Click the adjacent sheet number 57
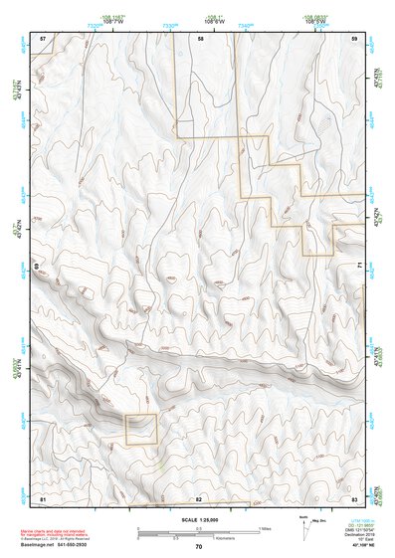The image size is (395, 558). (42, 38)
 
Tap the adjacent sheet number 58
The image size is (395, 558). (200, 38)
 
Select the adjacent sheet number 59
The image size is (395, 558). (354, 38)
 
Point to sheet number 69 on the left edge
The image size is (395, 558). (35, 267)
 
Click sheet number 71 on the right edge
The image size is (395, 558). (359, 267)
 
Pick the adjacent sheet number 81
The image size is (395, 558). (42, 495)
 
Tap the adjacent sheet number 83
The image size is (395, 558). (354, 495)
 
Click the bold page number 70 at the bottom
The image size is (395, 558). (199, 546)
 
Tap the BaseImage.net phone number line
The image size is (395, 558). (62, 543)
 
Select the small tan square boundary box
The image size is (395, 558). (141, 429)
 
